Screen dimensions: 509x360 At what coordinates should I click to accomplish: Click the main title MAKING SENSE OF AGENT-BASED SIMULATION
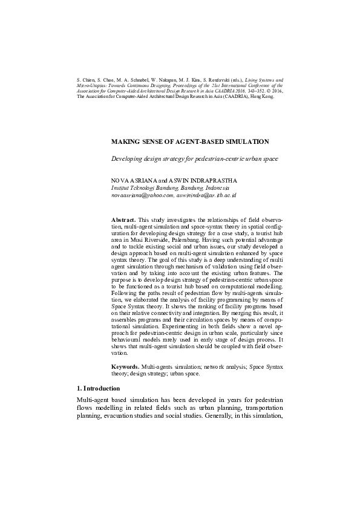[190, 141]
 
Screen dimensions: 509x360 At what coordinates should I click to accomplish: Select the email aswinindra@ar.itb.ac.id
[206, 195]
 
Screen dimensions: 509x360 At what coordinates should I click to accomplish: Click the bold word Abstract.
[124, 219]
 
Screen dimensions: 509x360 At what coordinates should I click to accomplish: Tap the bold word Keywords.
[125, 367]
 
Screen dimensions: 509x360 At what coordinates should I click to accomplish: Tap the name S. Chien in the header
[86, 79]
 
